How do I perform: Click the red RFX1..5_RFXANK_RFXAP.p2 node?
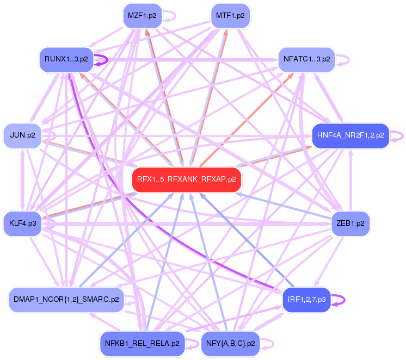tap(186, 180)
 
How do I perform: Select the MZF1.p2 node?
tap(142, 15)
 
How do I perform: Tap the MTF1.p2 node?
tap(230, 15)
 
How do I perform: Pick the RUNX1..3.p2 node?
tap(66, 59)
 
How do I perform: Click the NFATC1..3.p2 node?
tap(306, 59)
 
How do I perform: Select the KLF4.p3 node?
tap(22, 223)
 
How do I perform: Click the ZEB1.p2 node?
tap(350, 223)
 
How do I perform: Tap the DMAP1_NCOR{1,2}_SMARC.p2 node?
tap(66, 300)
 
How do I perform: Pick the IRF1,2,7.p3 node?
tap(306, 300)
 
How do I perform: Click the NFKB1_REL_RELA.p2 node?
tap(142, 344)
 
